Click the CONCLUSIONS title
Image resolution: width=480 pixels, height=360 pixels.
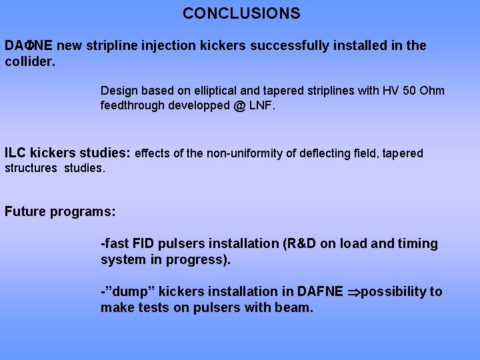[x=241, y=13]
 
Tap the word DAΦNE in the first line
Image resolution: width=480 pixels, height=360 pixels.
[x=30, y=46]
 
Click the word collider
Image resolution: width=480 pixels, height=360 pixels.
[x=29, y=61]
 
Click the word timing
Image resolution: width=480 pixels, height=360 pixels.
[x=417, y=244]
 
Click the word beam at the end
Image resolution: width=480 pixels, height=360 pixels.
[x=295, y=307]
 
